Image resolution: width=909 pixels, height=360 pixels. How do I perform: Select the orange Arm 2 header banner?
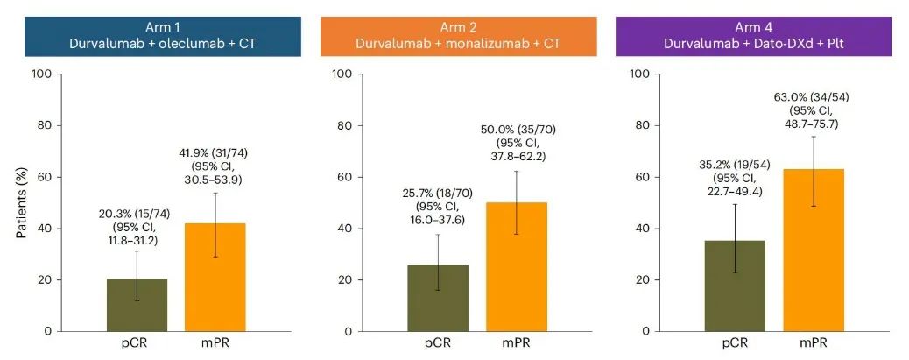coord(456,34)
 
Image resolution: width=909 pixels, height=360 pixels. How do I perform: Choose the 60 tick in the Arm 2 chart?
coord(344,177)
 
